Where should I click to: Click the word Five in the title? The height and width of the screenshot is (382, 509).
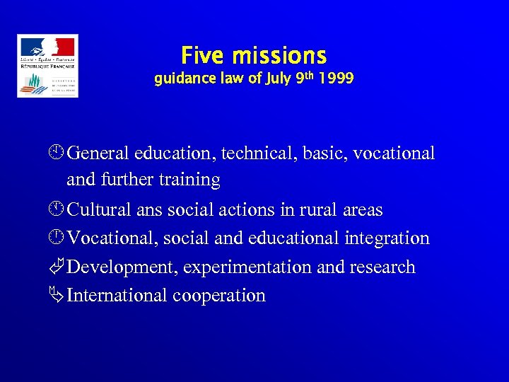204,55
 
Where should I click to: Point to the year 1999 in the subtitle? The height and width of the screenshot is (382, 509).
336,79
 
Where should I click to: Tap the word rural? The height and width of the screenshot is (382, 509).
317,210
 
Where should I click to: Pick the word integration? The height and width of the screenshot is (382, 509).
387,238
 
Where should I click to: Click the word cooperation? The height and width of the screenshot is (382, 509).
218,296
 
